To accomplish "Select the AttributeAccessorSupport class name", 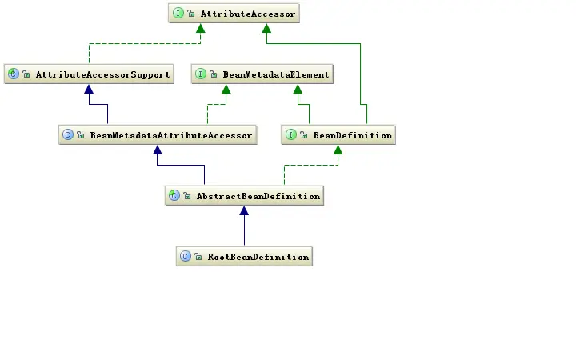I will pyautogui.click(x=102, y=74).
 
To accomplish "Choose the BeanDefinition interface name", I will pyautogui.click(x=352, y=135).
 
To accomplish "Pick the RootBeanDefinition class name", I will pyautogui.click(x=258, y=257).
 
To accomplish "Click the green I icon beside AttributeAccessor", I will pyautogui.click(x=178, y=14).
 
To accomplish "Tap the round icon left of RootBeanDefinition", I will pyautogui.click(x=185, y=257).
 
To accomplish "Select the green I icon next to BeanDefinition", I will pyautogui.click(x=292, y=135).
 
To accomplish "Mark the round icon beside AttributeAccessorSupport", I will pyautogui.click(x=13, y=74).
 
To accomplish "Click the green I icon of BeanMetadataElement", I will pyautogui.click(x=202, y=74).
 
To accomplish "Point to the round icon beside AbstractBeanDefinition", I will pyautogui.click(x=174, y=196).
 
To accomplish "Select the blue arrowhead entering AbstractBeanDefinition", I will pyautogui.click(x=244, y=211).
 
